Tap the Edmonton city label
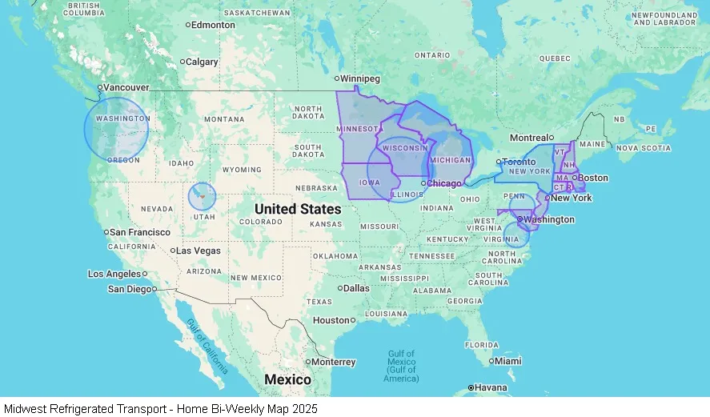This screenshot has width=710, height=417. pos(214,25)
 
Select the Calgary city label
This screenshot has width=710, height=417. pos(202,62)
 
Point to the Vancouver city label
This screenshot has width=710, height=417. pos(126,86)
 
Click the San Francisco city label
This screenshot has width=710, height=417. pos(139,232)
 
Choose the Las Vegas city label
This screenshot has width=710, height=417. pos(199,251)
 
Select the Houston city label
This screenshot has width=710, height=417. pos(331,320)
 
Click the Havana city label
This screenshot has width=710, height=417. pos(491,388)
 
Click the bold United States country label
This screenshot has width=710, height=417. pos(298,209)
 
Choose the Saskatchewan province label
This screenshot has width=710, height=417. pos(257,14)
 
